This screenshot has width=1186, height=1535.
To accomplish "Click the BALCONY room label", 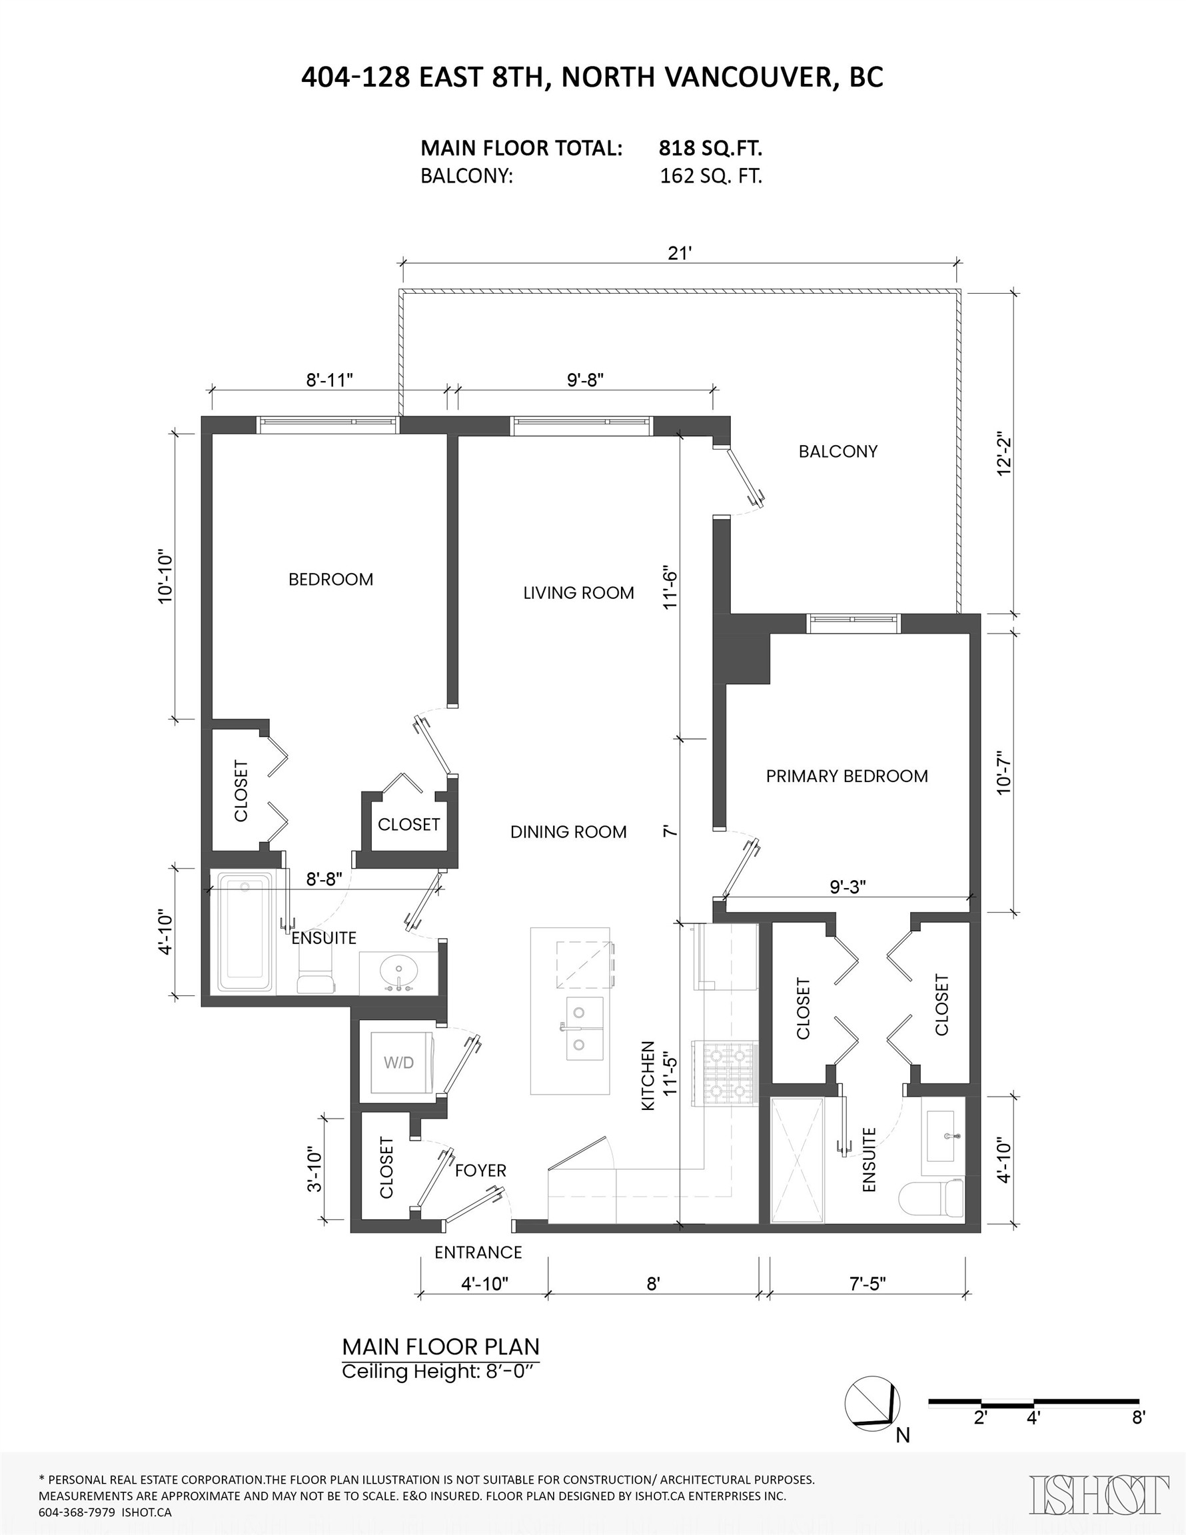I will point(838,451).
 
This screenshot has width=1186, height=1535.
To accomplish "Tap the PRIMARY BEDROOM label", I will point(846,776).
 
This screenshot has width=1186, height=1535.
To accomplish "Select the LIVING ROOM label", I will point(578,592).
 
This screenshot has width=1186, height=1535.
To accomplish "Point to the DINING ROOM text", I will point(568,831).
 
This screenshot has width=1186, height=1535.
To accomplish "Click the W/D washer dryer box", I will point(398,1063).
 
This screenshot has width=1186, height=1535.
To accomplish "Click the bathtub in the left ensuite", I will point(245,933).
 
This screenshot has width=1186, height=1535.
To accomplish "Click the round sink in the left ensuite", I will point(398,973).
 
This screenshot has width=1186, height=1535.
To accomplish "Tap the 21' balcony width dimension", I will point(680,254).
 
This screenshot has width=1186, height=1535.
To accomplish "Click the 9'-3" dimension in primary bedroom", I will point(847,887).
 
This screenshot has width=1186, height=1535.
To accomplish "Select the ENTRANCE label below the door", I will point(478,1253).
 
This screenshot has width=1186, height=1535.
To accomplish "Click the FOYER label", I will point(480,1170).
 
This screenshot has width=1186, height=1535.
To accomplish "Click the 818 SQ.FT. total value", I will point(710,149).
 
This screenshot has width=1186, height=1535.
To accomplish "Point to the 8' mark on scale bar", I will point(1138,1418).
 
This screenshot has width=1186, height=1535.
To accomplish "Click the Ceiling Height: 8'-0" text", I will point(440,1371).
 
